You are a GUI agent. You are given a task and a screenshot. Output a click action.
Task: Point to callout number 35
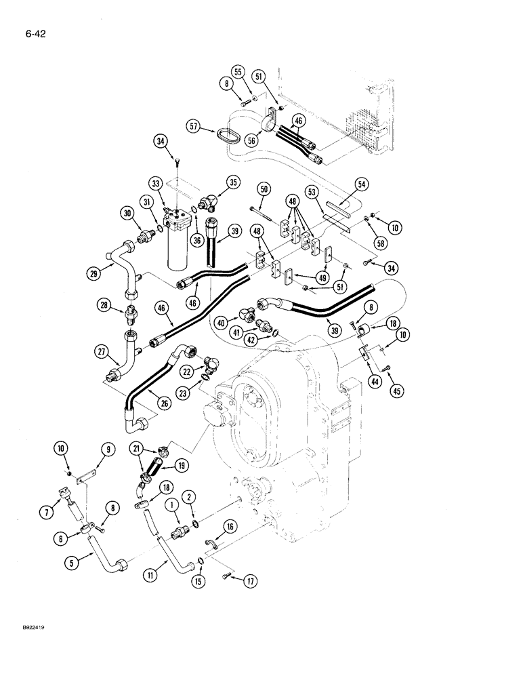[x=234, y=182]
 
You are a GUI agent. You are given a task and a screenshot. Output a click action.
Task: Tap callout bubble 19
[x=182, y=466]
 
